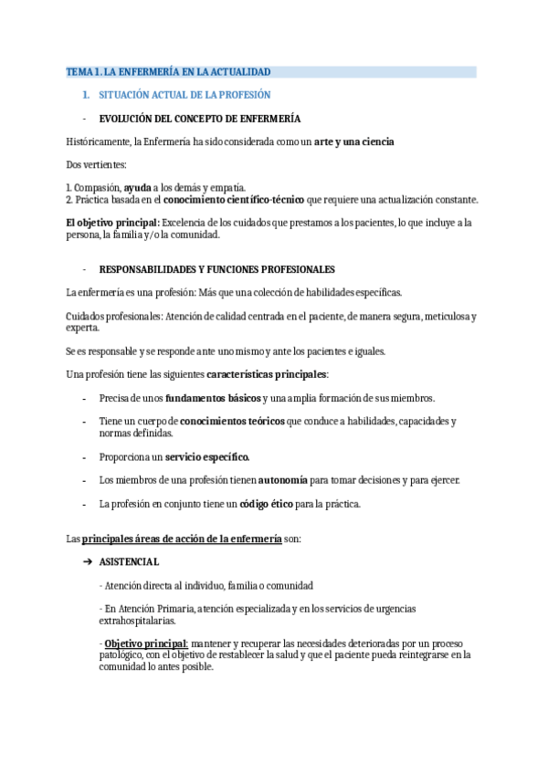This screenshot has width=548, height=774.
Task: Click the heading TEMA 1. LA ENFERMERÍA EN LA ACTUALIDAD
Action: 168,71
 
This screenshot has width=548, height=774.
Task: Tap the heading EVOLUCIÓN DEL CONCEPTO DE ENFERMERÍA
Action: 200,119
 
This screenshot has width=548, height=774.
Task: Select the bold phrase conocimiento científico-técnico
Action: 235,199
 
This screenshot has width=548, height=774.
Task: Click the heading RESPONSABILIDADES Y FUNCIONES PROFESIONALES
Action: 216,269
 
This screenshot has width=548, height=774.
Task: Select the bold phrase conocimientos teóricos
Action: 232,422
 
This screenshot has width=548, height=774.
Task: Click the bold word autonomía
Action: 283,480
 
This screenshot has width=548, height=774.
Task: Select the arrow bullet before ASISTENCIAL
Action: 88,561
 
